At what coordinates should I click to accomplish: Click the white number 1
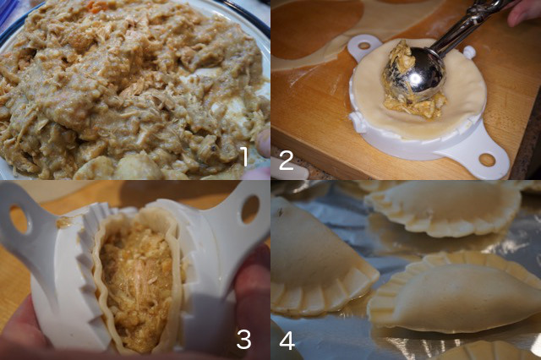click(x=244, y=157)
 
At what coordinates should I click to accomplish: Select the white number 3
click(x=243, y=339)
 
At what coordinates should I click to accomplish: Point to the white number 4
click(x=287, y=341)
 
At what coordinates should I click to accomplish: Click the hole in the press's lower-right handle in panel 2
click(x=487, y=160)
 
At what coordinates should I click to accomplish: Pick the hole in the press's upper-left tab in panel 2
click(x=364, y=45)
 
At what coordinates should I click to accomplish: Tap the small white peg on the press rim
click(x=469, y=52)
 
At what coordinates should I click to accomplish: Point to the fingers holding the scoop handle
click(x=522, y=12)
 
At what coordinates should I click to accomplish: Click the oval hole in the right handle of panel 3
click(x=250, y=210)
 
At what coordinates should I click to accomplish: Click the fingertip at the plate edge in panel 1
click(x=263, y=143)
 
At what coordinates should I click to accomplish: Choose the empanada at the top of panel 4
click(x=443, y=209)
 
